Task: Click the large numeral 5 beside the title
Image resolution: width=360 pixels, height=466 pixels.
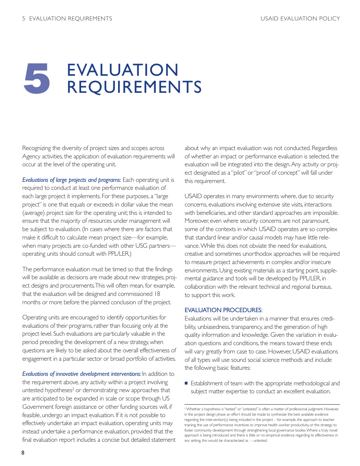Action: (x=37, y=79)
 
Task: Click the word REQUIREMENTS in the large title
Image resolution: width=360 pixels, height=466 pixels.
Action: (x=134, y=87)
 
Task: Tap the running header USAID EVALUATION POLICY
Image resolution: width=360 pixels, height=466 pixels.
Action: (x=300, y=19)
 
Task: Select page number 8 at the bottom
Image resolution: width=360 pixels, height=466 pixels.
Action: (x=23, y=453)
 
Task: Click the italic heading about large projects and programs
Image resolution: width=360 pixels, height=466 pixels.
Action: (x=72, y=180)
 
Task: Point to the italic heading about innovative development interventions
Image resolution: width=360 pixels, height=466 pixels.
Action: (x=81, y=374)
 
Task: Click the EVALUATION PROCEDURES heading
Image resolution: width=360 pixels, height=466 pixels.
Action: (x=223, y=310)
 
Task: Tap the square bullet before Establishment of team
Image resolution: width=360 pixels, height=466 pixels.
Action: (x=186, y=383)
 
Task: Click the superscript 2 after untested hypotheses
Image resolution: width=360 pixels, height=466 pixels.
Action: (x=73, y=389)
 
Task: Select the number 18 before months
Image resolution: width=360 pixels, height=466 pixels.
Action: (x=158, y=294)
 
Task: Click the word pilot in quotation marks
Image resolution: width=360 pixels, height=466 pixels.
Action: (x=237, y=173)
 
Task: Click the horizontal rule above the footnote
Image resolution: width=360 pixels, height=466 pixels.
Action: (x=262, y=404)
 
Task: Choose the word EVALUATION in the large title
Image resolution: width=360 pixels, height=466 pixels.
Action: (x=122, y=70)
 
